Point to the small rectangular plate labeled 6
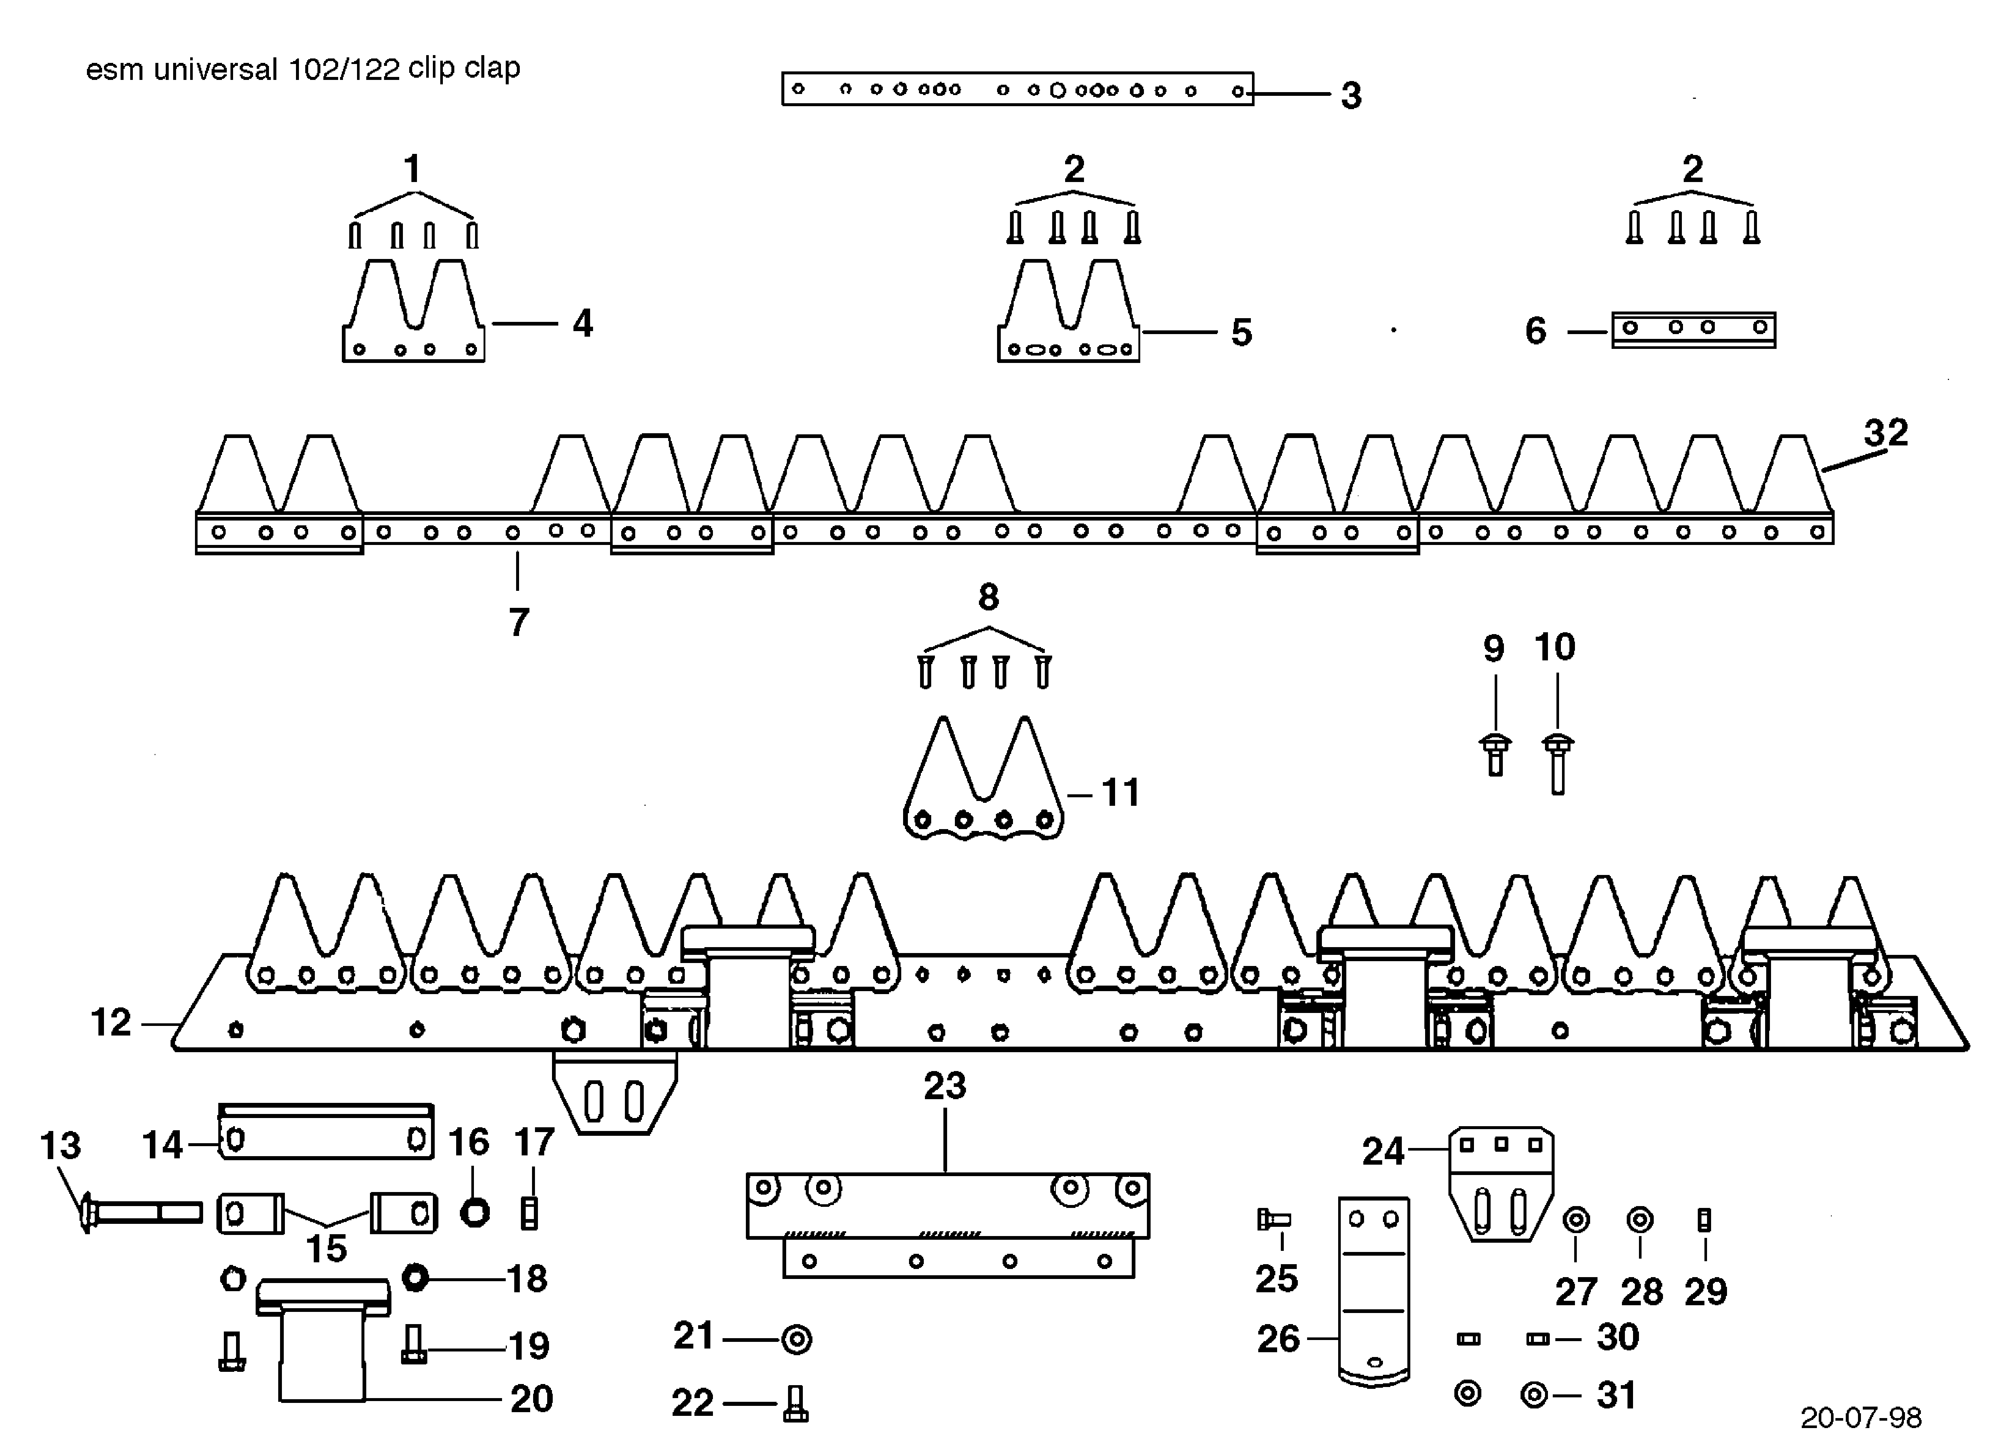[x=1693, y=329]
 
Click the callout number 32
[x=1886, y=433]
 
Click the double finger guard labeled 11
[x=983, y=782]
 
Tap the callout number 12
[x=110, y=1023]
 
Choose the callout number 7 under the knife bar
[x=518, y=623]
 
